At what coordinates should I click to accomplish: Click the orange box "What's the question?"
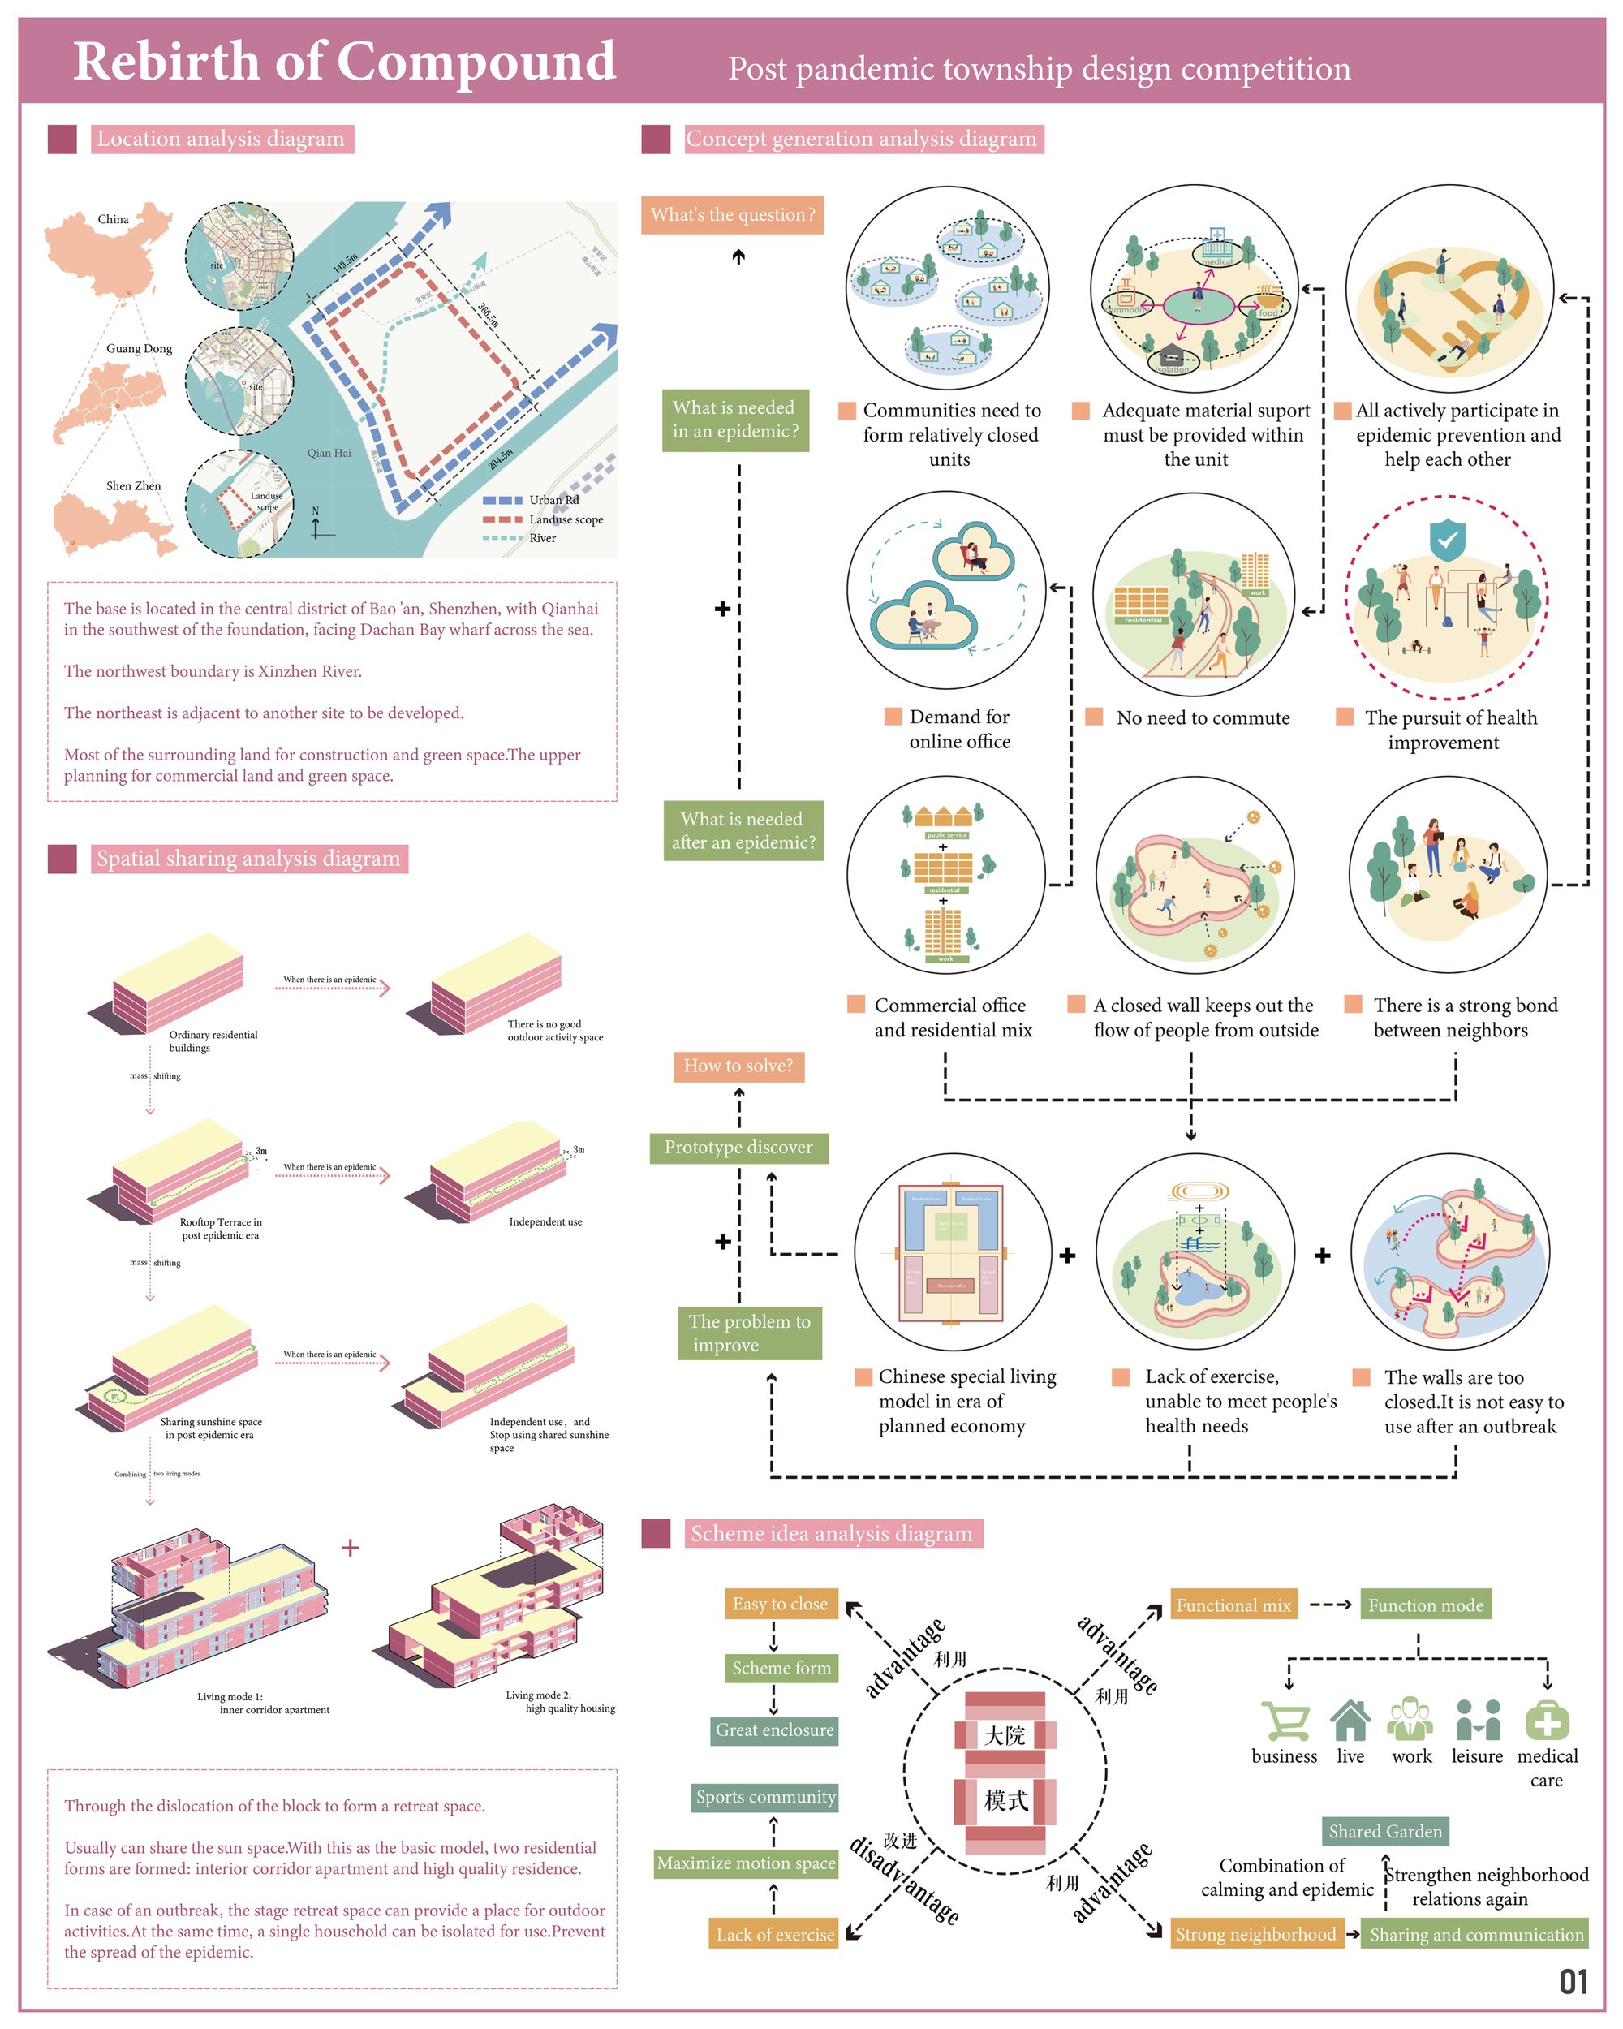click(x=732, y=214)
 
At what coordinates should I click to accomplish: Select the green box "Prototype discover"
click(x=738, y=1147)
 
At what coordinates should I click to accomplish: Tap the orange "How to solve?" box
click(x=738, y=1066)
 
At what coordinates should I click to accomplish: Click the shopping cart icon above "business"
click(x=1285, y=1721)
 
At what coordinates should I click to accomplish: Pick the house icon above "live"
click(x=1350, y=1720)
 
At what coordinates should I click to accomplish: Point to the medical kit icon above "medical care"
click(x=1547, y=1720)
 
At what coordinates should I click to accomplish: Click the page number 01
click(x=1573, y=1981)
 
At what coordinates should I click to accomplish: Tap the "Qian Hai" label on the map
click(x=329, y=453)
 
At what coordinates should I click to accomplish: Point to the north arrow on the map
click(x=317, y=524)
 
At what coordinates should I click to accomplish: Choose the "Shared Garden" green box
click(x=1385, y=1830)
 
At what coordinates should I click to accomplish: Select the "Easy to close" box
click(x=780, y=1604)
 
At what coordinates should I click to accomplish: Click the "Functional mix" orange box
click(x=1233, y=1605)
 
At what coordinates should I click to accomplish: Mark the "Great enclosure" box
click(x=774, y=1730)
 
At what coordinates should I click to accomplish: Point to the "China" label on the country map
click(x=113, y=219)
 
